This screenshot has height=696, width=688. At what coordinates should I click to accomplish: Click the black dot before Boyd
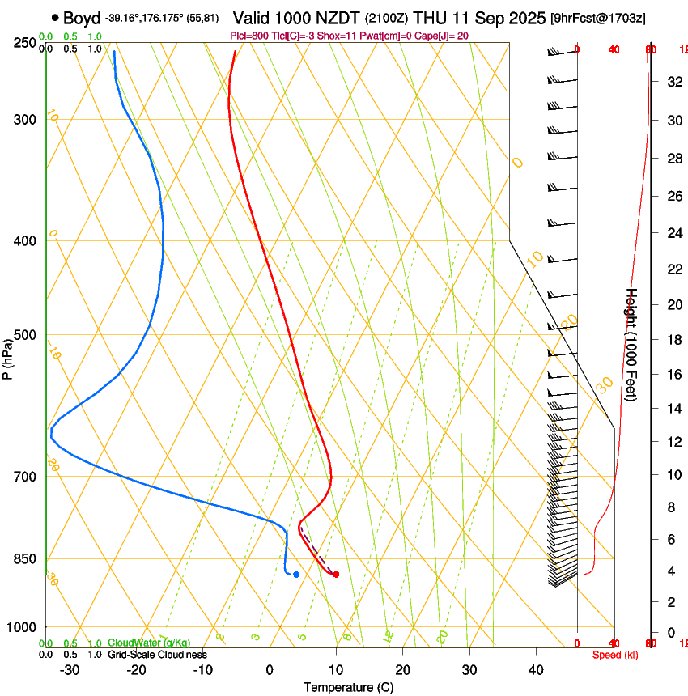pos(55,17)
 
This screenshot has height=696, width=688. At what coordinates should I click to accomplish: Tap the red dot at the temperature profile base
pos(336,575)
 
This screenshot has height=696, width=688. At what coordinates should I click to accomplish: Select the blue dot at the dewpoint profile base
pos(296,575)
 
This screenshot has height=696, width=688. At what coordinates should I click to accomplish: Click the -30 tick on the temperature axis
pos(70,670)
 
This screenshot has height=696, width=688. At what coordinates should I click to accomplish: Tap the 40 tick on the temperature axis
pos(535,670)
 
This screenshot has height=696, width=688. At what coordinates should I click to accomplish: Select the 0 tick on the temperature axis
pos(270,670)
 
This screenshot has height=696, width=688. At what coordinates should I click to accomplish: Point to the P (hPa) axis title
pos(7,359)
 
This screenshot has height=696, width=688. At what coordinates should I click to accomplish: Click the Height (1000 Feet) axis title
pos(632,345)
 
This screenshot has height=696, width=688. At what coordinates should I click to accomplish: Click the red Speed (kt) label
pos(615,655)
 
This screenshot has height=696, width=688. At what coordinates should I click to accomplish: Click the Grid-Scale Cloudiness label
pos(157,655)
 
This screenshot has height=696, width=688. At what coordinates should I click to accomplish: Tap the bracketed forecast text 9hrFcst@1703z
pos(597,18)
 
